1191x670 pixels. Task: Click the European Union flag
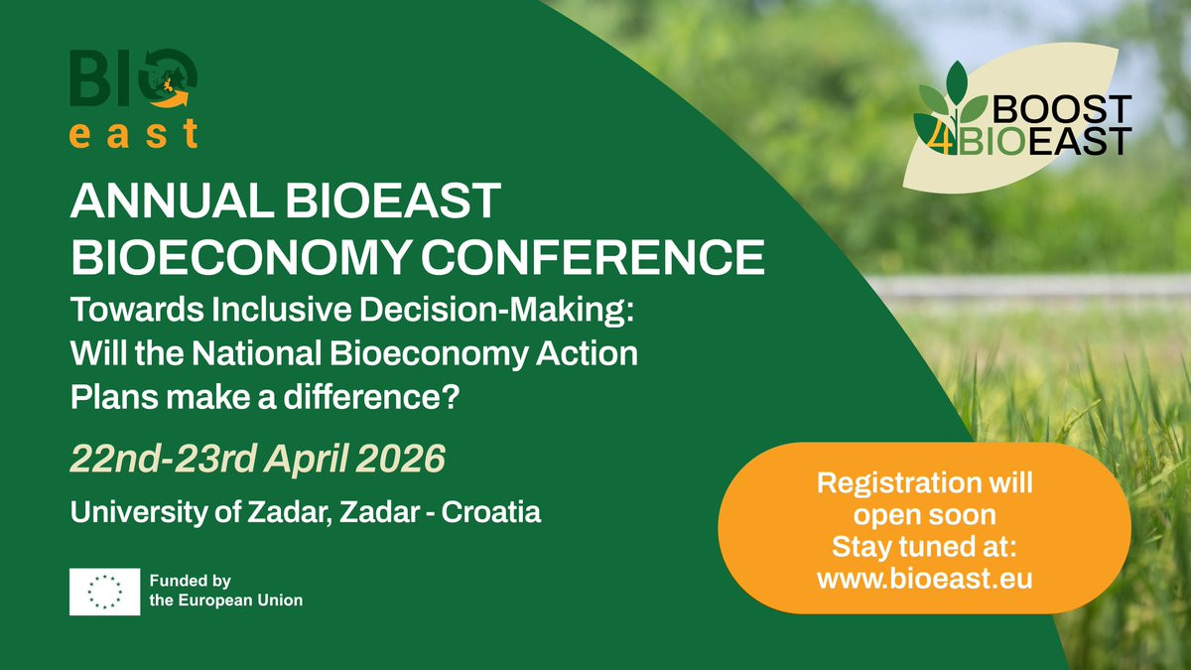(x=105, y=592)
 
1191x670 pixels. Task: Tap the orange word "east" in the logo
(x=133, y=133)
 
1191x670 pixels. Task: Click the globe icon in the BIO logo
(x=168, y=78)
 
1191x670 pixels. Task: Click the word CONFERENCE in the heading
(x=593, y=257)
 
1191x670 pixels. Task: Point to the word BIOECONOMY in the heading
(x=242, y=257)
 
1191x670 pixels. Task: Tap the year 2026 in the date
(x=400, y=459)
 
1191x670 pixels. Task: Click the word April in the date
(x=307, y=460)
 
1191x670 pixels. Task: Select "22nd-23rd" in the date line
(x=164, y=459)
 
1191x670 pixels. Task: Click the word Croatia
(x=490, y=512)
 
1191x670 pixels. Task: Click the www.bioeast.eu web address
(x=925, y=579)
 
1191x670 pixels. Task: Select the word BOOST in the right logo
(x=1062, y=109)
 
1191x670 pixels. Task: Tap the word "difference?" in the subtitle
(x=371, y=397)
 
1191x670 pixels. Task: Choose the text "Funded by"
(x=190, y=582)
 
